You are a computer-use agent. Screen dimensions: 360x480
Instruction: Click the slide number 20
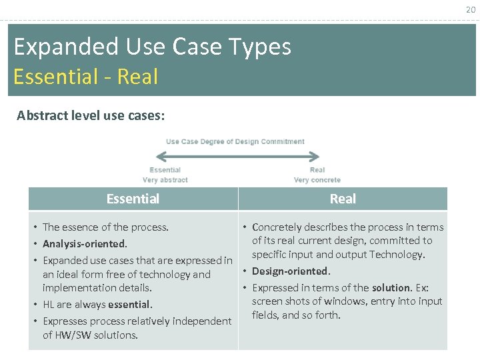(x=471, y=9)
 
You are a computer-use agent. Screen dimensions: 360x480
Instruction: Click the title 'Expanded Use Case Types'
(x=152, y=47)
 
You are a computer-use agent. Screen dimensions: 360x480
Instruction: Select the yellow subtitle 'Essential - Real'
(x=85, y=77)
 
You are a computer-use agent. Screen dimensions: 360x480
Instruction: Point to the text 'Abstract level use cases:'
(x=91, y=115)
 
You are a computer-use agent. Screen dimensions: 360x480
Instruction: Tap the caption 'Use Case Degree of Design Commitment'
(x=235, y=141)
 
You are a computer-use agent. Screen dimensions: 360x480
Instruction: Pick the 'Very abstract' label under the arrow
(x=165, y=180)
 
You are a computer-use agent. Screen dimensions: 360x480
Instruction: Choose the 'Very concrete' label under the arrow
(x=317, y=180)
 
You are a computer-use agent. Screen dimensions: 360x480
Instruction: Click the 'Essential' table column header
(x=133, y=199)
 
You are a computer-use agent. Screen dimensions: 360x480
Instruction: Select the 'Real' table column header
(x=343, y=199)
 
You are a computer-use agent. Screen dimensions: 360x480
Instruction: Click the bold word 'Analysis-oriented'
(x=84, y=244)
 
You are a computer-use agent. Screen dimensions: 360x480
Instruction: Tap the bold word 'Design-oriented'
(x=290, y=271)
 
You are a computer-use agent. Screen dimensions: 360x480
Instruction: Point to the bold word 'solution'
(x=391, y=287)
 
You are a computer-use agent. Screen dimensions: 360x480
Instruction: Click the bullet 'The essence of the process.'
(x=105, y=227)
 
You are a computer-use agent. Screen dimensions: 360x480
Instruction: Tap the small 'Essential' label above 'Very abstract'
(x=165, y=170)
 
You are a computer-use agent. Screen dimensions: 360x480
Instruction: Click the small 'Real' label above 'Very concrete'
(x=317, y=170)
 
